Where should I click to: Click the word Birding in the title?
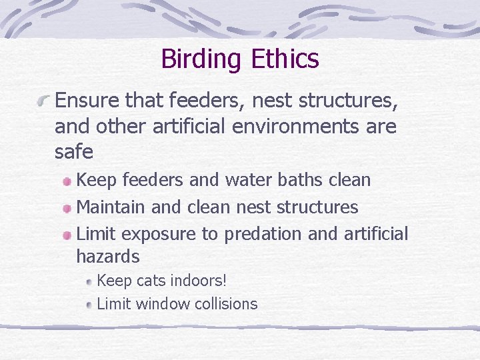(x=203, y=59)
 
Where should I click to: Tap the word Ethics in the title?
(x=285, y=59)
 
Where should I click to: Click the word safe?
(x=74, y=151)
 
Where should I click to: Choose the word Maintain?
(x=111, y=207)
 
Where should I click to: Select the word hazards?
(x=108, y=256)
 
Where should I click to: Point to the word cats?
(x=150, y=281)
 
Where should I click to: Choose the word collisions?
(x=226, y=304)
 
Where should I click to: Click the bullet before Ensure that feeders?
(x=45, y=101)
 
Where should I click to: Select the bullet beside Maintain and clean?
(x=67, y=208)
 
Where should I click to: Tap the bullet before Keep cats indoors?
(x=89, y=282)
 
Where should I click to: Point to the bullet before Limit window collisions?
(x=89, y=305)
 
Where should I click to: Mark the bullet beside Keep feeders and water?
(x=67, y=181)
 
